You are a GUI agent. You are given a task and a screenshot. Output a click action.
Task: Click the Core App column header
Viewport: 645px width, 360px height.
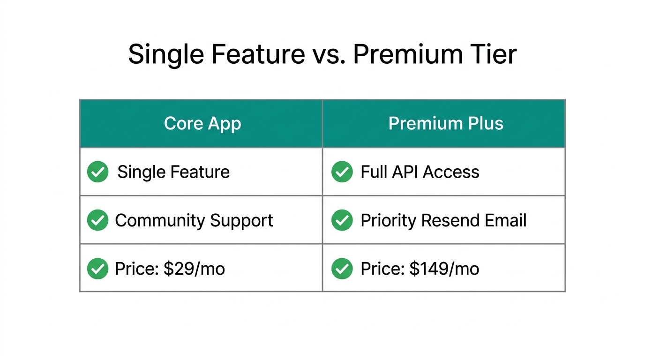point(202,124)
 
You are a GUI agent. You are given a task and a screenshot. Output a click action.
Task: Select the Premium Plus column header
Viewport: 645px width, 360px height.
point(445,124)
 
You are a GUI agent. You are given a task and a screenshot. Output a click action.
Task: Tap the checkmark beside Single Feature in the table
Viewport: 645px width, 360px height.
point(98,172)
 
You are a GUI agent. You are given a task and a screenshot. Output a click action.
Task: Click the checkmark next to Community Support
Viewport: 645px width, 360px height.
point(98,220)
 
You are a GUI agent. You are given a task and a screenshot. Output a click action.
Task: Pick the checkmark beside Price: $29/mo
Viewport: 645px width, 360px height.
point(98,269)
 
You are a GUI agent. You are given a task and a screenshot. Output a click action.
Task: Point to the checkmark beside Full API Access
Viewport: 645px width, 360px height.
point(342,172)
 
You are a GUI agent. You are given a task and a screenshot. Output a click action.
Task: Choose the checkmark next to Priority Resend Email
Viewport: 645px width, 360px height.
point(342,220)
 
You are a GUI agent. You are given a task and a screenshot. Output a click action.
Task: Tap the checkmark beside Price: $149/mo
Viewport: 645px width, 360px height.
point(342,269)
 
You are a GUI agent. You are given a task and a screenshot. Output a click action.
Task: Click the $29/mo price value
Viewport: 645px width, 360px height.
point(194,269)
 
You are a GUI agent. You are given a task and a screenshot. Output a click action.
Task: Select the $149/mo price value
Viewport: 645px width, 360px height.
point(444,269)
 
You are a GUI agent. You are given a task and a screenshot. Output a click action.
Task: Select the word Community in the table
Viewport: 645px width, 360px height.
point(160,220)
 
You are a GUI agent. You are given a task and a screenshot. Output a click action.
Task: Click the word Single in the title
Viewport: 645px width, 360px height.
point(166,54)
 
